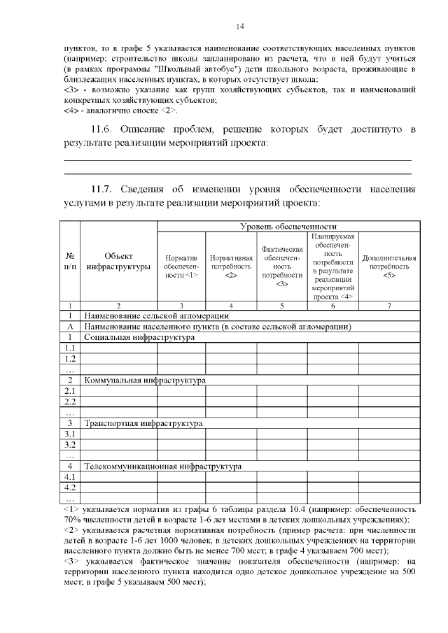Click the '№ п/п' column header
click(70, 261)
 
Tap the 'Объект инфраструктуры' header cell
click(118, 261)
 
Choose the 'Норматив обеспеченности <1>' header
click(181, 266)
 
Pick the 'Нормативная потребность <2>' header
click(231, 266)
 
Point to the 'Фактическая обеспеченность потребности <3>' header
click(281, 266)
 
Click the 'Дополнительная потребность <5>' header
click(389, 266)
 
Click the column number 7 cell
click(389, 306)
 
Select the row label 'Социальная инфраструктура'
click(139, 337)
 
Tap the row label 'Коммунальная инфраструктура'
click(144, 380)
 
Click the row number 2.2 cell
click(70, 401)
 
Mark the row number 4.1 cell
click(70, 476)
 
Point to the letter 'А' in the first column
click(70, 327)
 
